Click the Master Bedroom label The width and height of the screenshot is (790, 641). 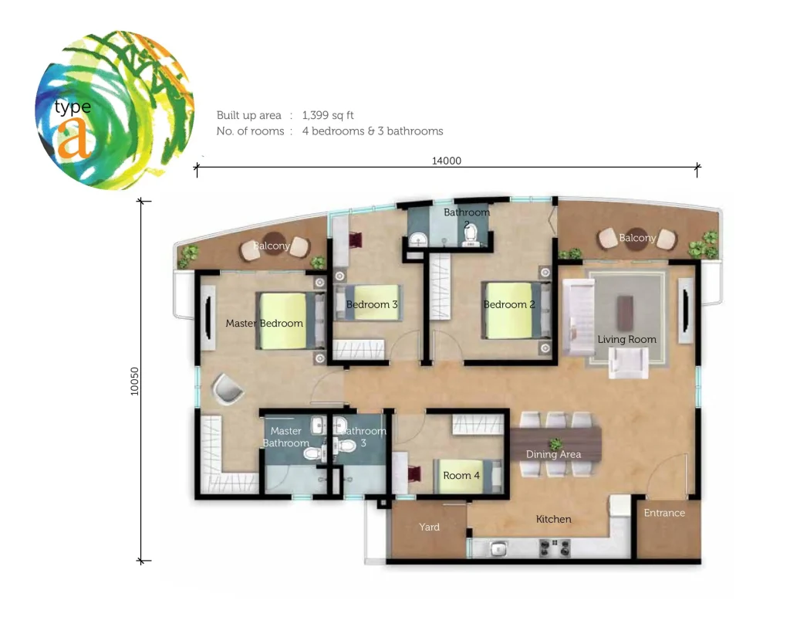coord(264,324)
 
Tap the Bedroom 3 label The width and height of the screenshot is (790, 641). coord(372,304)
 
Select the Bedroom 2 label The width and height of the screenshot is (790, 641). coord(509,304)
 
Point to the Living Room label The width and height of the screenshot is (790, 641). coord(626,339)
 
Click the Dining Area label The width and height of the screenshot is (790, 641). coord(553,454)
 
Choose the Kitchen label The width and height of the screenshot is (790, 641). coord(553,519)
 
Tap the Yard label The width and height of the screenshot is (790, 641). coord(429,527)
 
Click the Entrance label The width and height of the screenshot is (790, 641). coord(664,513)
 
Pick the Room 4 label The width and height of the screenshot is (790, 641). coord(461,476)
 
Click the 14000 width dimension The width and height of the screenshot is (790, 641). coord(447,161)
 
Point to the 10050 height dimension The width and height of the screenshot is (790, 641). coord(134,382)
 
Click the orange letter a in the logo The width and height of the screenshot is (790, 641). coord(75,138)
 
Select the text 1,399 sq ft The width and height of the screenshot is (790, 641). coord(328,116)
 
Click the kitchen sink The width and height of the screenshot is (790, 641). coord(498,548)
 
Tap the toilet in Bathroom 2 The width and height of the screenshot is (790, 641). coord(470,233)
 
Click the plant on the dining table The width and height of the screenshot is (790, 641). coord(555,444)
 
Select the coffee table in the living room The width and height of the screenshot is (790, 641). coord(625,309)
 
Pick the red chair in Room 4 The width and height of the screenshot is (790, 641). coord(414,474)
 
